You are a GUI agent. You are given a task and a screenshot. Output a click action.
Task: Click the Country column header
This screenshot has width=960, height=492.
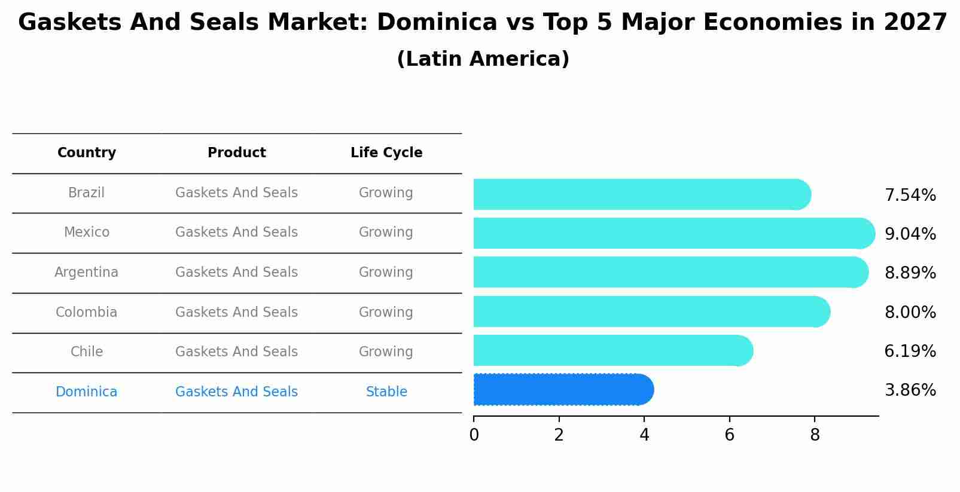[87, 153]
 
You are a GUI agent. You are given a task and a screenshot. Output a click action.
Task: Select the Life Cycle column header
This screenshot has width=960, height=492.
[386, 153]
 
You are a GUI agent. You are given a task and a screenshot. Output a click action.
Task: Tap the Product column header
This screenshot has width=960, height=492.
[236, 153]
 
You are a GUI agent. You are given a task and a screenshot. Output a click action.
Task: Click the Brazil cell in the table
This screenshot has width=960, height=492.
[86, 193]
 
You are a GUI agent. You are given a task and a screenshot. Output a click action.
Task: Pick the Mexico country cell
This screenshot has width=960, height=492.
[87, 233]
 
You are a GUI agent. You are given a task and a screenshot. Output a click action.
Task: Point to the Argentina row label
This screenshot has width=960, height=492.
[86, 273]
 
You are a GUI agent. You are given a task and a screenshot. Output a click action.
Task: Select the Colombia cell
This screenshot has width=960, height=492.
[86, 313]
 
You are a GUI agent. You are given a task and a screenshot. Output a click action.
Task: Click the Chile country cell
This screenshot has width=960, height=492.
[87, 352]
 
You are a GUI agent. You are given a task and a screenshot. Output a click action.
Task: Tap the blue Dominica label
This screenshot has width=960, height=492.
[86, 392]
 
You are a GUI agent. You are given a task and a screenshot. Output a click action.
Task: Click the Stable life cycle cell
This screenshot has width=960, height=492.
[386, 392]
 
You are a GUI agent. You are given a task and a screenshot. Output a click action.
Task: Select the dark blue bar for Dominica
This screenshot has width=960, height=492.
[562, 390]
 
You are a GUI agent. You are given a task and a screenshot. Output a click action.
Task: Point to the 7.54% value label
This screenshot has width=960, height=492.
[910, 195]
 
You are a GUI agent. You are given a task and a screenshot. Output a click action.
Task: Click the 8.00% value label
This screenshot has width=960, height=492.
[910, 313]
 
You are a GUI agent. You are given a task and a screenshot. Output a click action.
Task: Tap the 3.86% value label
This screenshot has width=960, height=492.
[910, 390]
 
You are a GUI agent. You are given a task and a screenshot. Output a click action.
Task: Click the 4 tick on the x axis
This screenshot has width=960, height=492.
[644, 435]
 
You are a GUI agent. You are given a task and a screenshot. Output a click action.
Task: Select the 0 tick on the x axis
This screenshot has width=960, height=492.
[474, 435]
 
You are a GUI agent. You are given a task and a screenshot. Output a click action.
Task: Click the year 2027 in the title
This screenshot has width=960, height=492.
[915, 23]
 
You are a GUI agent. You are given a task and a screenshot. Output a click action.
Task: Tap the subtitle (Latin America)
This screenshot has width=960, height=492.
[483, 59]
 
